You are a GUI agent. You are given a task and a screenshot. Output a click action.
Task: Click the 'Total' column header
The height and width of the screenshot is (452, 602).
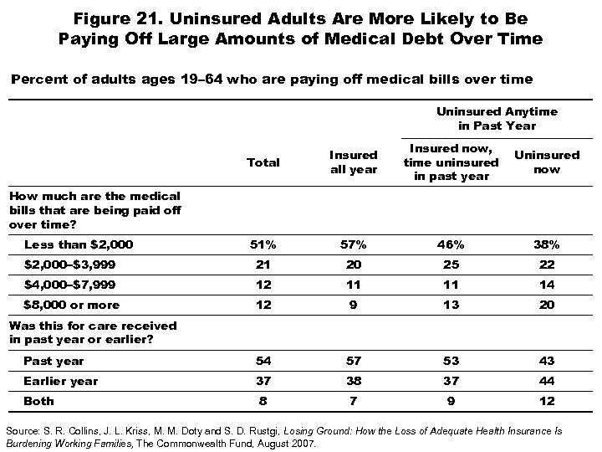click(263, 162)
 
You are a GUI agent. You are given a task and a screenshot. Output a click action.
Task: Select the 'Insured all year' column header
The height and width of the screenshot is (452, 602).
click(353, 162)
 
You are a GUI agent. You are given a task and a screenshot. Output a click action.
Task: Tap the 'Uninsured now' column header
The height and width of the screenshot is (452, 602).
click(546, 162)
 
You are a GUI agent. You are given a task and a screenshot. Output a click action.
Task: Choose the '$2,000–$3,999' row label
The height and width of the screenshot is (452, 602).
click(70, 265)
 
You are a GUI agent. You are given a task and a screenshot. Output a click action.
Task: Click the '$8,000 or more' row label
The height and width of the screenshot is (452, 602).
click(72, 305)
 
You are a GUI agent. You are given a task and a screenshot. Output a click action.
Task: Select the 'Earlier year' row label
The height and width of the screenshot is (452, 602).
click(61, 381)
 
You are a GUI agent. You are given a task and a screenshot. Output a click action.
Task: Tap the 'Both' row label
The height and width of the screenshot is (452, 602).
click(38, 401)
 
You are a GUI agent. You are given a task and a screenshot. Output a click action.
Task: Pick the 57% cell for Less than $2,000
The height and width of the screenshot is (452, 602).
click(354, 244)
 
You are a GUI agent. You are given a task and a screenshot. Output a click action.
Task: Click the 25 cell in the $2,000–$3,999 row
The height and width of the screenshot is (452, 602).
click(451, 265)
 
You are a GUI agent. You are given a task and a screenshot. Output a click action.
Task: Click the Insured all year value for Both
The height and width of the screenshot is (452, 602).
click(354, 401)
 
